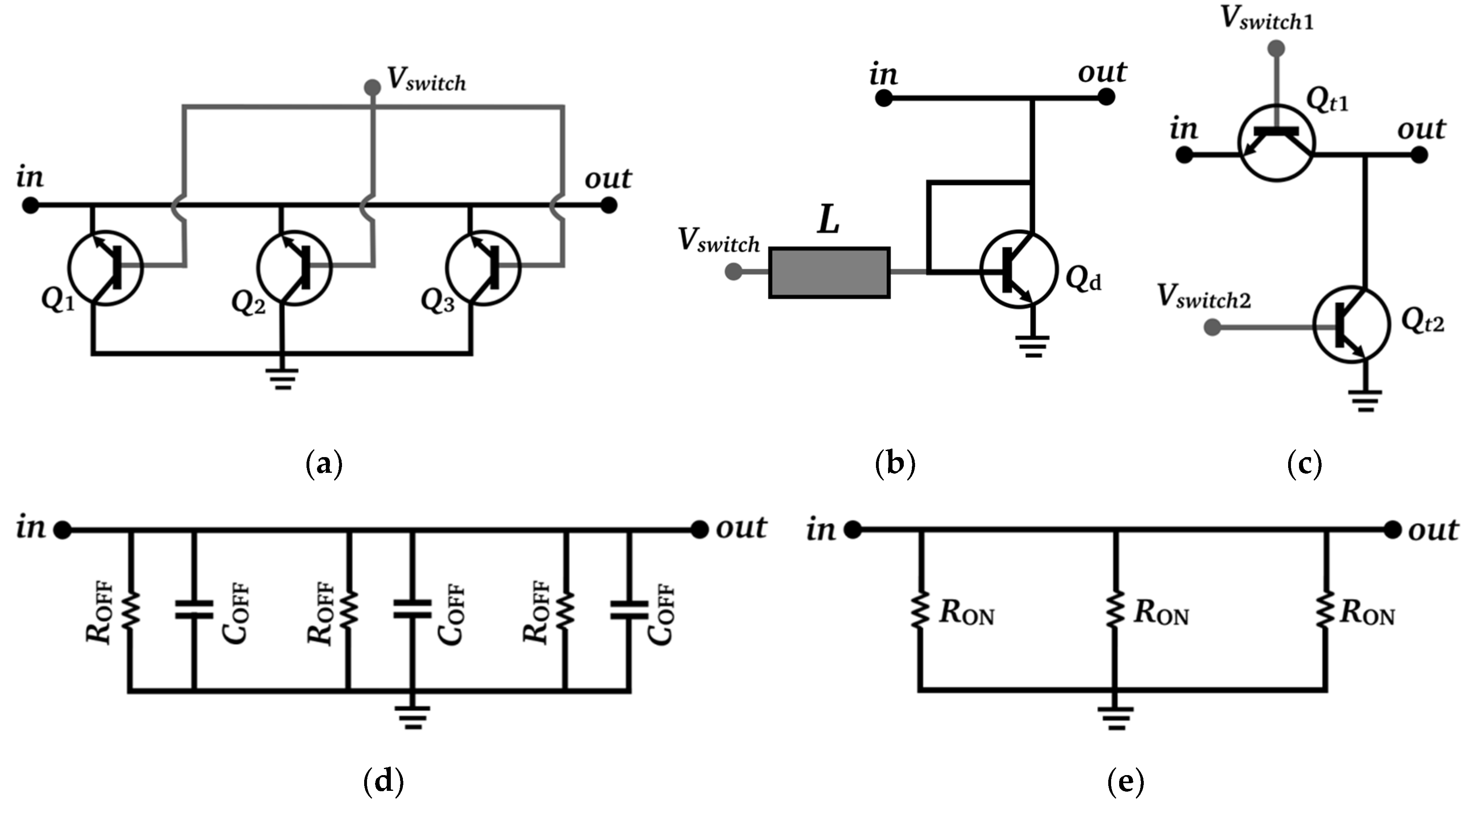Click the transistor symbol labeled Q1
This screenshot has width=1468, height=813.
click(x=105, y=268)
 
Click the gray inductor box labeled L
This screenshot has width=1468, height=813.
click(x=829, y=272)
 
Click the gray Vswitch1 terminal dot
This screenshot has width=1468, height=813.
click(x=1276, y=48)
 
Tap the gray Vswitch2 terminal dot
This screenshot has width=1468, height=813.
click(x=1212, y=328)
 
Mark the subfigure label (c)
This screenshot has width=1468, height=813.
click(x=1304, y=464)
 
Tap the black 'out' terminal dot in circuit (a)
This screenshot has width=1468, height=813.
click(x=609, y=205)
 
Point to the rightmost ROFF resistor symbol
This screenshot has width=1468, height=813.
click(x=565, y=611)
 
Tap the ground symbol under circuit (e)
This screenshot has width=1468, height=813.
click(x=1116, y=717)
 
